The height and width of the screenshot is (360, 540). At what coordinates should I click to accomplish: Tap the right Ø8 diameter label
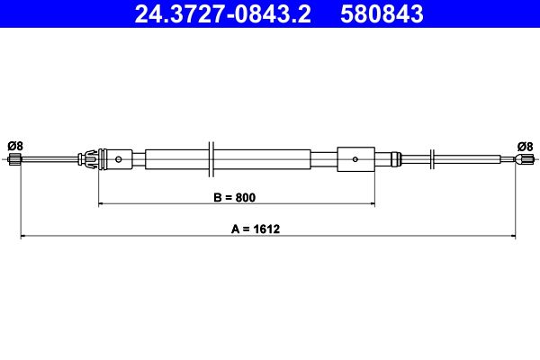pyautogui.click(x=525, y=146)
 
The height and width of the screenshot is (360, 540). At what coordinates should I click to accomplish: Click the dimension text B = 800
pyautogui.click(x=237, y=196)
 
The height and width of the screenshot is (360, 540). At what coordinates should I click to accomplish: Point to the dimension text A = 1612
pyautogui.click(x=256, y=229)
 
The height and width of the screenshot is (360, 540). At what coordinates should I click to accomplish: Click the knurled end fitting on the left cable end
pyautogui.click(x=13, y=161)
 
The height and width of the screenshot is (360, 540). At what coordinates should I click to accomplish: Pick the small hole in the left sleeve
pyautogui.click(x=119, y=160)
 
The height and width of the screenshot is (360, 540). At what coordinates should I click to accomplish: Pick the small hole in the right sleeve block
pyautogui.click(x=355, y=160)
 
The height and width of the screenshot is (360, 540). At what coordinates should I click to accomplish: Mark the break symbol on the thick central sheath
pyautogui.click(x=210, y=160)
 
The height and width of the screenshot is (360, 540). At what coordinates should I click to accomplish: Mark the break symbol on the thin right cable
pyautogui.click(x=435, y=160)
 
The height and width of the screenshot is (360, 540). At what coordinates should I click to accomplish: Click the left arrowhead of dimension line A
pyautogui.click(x=23, y=237)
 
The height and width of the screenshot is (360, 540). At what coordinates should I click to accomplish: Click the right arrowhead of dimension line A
pyautogui.click(x=513, y=237)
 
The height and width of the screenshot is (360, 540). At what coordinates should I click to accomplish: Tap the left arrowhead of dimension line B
pyautogui.click(x=101, y=204)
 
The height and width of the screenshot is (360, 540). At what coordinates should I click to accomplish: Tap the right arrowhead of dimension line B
pyautogui.click(x=371, y=204)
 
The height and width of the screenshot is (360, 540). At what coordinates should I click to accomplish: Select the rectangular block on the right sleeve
pyautogui.click(x=355, y=160)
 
